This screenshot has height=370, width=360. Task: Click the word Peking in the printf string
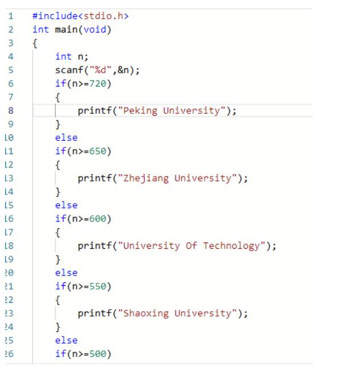point(140,111)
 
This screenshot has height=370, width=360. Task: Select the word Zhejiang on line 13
point(146,178)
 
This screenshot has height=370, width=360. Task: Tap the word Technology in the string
point(231,246)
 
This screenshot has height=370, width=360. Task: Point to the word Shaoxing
point(146,314)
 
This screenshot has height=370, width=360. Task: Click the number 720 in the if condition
point(98,84)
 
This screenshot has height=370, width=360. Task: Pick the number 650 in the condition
point(98,151)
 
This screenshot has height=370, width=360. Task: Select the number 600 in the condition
point(98,219)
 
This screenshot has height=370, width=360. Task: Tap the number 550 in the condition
point(98,286)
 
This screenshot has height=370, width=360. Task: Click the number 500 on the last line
point(98,354)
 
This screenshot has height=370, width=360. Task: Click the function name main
point(66,30)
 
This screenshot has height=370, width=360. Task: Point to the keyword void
point(95,30)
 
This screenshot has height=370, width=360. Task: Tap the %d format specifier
point(100,70)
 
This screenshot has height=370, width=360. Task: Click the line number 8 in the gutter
point(11,110)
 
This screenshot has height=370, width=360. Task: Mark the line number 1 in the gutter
point(11,16)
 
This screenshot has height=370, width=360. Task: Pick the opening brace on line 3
point(35,43)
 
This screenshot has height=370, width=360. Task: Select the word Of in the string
point(191,246)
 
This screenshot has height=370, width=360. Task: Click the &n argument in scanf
point(123,70)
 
